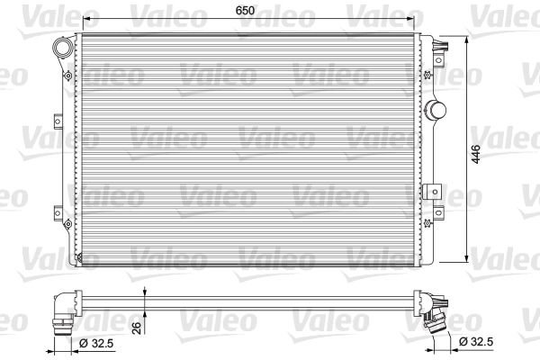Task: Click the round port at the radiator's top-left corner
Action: click(x=64, y=47)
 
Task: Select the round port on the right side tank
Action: click(x=436, y=110)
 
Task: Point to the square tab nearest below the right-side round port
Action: click(x=437, y=190)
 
